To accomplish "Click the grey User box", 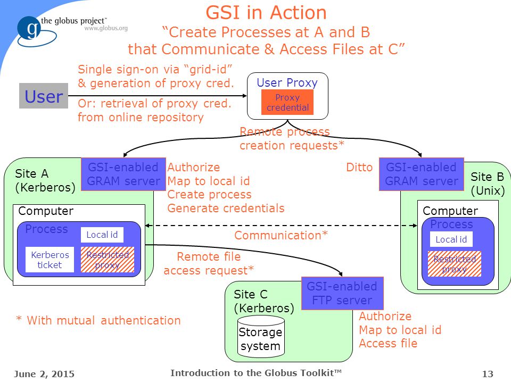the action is (44, 96).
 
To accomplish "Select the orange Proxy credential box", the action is (287, 102).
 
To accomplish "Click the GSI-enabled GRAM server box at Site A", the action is (123, 174).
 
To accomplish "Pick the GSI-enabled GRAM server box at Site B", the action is (422, 174).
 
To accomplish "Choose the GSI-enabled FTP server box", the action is (342, 293).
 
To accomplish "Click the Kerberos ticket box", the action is (50, 260).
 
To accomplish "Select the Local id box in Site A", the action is (102, 235).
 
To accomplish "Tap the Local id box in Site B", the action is (451, 239).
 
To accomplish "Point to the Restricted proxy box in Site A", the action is (108, 260).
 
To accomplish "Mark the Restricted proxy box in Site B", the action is (454, 264).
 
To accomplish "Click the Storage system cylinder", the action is (261, 337).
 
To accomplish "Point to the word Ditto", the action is (359, 168).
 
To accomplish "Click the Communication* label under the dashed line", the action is (281, 235).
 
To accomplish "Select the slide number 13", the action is (488, 373).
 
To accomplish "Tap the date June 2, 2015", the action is (44, 373).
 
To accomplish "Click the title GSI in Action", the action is (266, 13).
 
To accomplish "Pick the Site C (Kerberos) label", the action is (263, 301).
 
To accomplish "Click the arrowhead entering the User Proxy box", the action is (245, 96).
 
